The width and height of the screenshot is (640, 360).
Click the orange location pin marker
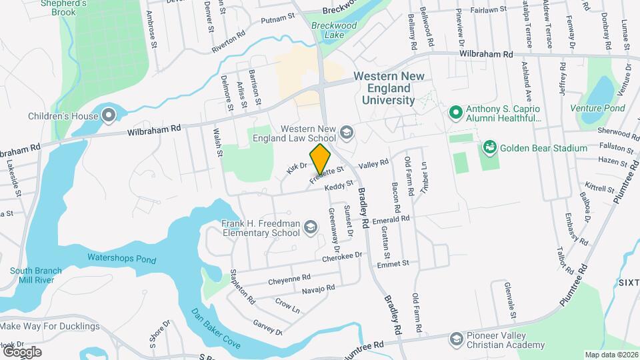pyautogui.click(x=320, y=159)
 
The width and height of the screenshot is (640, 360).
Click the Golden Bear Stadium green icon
pyautogui.click(x=489, y=147)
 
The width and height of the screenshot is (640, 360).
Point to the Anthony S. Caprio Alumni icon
pyautogui.click(x=456, y=112)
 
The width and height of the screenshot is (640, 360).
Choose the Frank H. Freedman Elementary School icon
pyautogui.click(x=309, y=228)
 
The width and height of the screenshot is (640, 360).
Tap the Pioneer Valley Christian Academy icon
pyautogui.click(x=456, y=339)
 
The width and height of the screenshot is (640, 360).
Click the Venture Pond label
pyautogui.click(x=597, y=108)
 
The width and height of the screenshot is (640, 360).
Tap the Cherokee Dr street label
pyautogui.click(x=342, y=256)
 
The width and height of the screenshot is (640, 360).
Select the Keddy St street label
pyautogui.click(x=338, y=187)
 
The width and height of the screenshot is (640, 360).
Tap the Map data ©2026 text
pyautogui.click(x=611, y=355)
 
